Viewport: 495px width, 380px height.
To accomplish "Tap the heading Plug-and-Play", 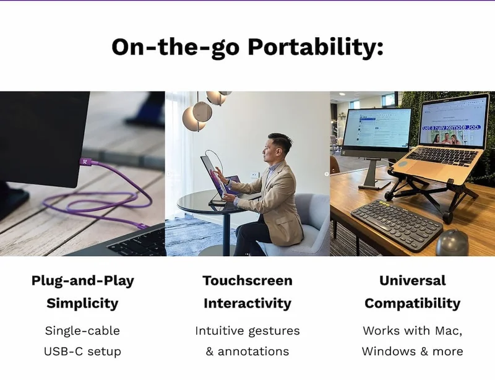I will click(82, 280).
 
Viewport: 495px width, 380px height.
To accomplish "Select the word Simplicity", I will click(82, 303).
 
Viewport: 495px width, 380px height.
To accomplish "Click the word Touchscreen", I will click(247, 280).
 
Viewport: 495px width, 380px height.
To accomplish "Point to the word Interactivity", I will click(247, 303).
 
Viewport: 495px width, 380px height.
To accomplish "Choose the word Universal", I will click(412, 280).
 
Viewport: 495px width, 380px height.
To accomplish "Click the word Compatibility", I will click(412, 303).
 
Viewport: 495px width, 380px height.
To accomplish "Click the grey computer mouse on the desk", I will click(452, 243).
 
